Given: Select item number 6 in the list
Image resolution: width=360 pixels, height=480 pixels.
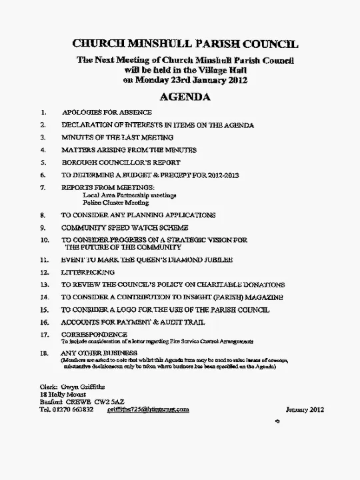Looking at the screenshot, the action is click(x=43, y=175).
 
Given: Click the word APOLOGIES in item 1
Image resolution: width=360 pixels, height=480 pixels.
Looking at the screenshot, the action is click(x=83, y=113).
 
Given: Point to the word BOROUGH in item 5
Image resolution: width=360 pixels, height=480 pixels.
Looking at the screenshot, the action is click(x=81, y=163).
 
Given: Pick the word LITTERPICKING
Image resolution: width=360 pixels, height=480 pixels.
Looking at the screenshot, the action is click(x=88, y=272).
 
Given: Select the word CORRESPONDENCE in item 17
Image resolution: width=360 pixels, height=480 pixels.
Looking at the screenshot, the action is click(x=94, y=334).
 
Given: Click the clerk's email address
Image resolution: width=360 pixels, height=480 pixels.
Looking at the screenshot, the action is click(x=148, y=409).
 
